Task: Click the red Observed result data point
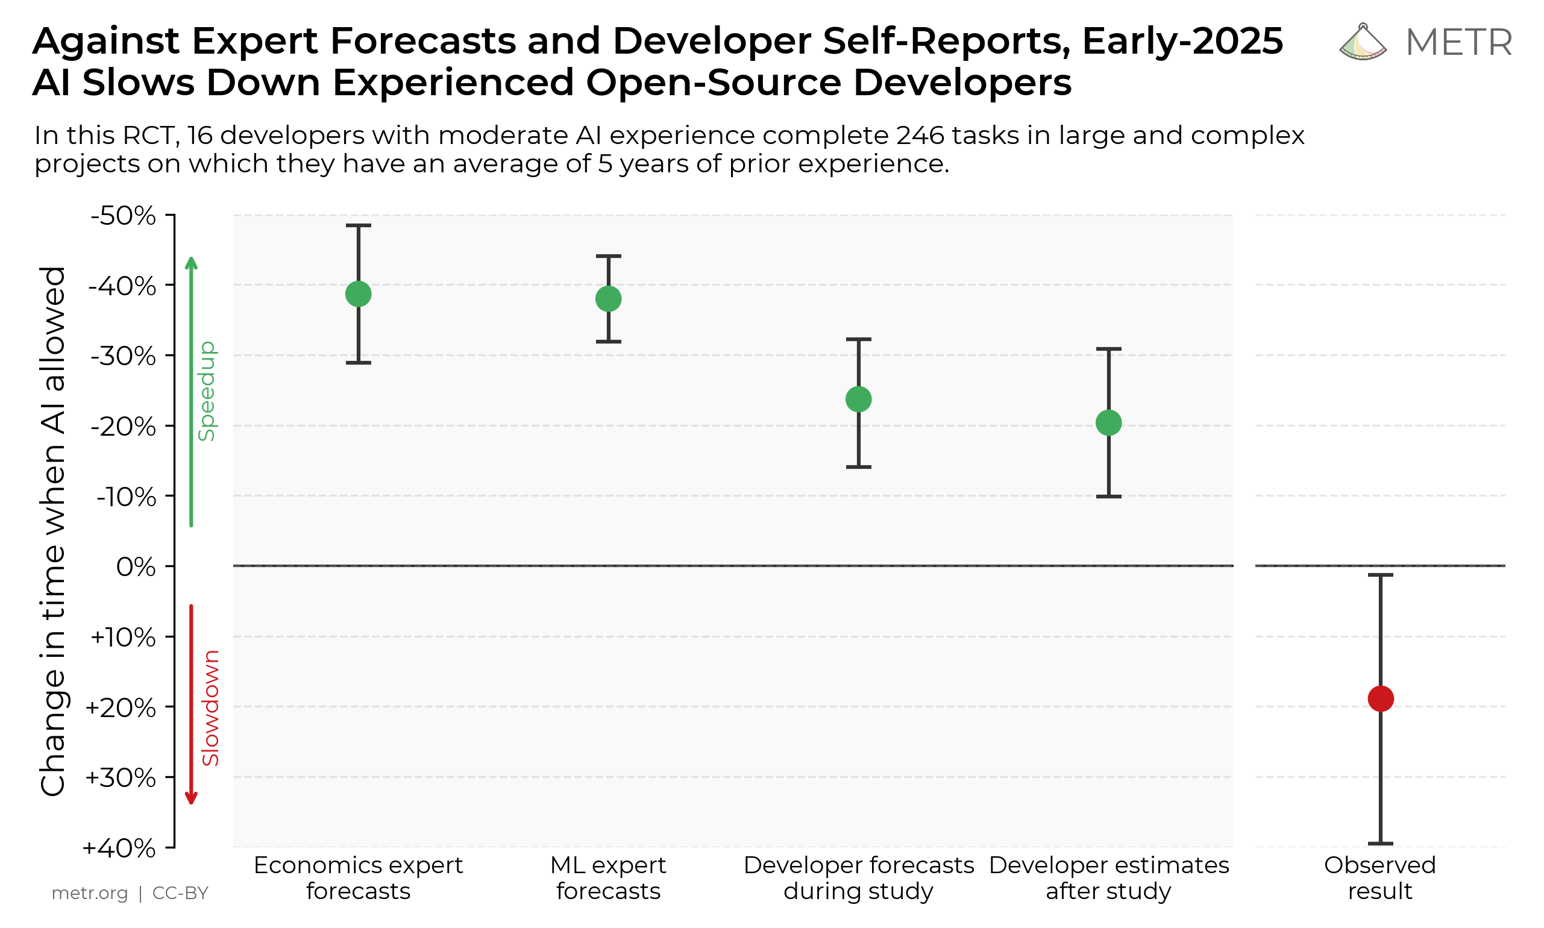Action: [x=1380, y=698]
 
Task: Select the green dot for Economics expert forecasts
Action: [x=359, y=294]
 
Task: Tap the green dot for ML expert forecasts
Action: [x=609, y=299]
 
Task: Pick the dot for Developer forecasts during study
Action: [x=859, y=399]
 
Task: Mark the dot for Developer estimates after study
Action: [x=1109, y=423]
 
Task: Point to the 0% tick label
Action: [x=136, y=566]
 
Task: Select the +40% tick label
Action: [x=119, y=848]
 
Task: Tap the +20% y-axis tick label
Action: [x=121, y=707]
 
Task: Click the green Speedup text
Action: [x=207, y=391]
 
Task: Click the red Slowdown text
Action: [x=211, y=708]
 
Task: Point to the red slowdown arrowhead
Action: [x=192, y=798]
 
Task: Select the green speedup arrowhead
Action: [x=192, y=262]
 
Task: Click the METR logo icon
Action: [x=1363, y=43]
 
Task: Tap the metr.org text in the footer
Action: [x=89, y=893]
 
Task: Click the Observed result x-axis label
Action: [x=1380, y=878]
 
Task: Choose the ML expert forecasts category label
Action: [x=609, y=878]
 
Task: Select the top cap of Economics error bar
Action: [x=359, y=225]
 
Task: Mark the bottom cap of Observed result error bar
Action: [x=1380, y=844]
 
